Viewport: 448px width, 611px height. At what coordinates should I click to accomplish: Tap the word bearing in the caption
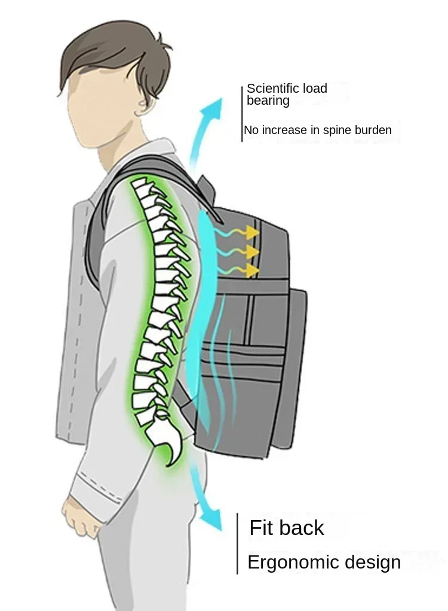point(268,101)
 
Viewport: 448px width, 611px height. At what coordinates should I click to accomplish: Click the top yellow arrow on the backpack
point(251,231)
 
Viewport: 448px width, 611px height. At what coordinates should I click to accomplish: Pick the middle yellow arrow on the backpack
point(251,251)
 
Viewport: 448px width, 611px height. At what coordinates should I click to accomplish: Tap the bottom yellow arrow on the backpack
point(251,270)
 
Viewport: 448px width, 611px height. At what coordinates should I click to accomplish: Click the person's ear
point(143,106)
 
